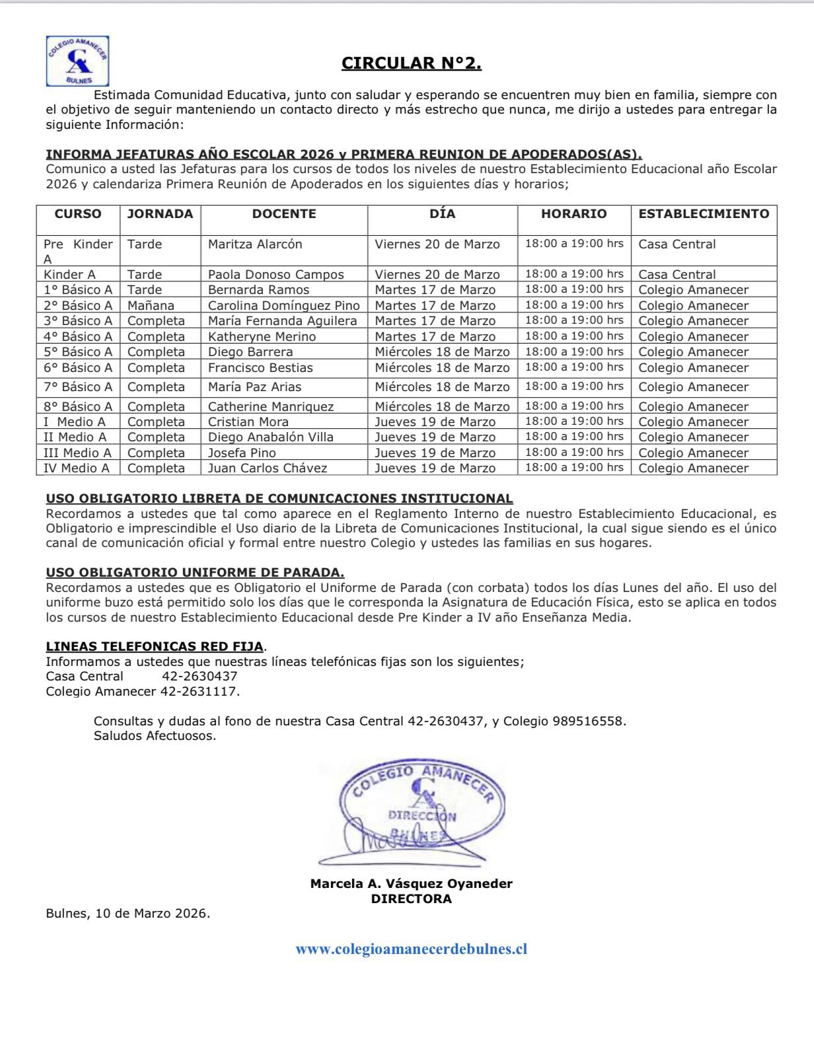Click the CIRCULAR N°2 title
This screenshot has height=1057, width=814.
point(411,63)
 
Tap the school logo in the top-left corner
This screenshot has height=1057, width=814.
point(78,61)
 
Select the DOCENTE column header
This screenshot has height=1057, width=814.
point(284,213)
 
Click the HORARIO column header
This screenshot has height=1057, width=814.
point(573,213)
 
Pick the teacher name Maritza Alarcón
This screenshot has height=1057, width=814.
point(255,244)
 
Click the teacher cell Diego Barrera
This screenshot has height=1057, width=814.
point(250,351)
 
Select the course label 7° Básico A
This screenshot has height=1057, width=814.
point(78,386)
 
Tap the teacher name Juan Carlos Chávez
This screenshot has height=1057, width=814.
point(268,468)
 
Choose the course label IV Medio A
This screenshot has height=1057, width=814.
point(77,468)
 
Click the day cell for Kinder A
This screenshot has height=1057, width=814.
point(437,274)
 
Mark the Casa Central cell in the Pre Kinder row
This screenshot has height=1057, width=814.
point(677,244)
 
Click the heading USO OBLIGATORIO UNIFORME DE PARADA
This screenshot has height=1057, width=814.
point(195,573)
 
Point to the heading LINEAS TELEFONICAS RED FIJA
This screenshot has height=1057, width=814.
point(154,646)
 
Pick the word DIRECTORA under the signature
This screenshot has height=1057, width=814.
point(411,898)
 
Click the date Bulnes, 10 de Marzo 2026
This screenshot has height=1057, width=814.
point(128,914)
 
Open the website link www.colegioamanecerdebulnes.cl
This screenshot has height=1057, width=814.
point(411,949)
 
